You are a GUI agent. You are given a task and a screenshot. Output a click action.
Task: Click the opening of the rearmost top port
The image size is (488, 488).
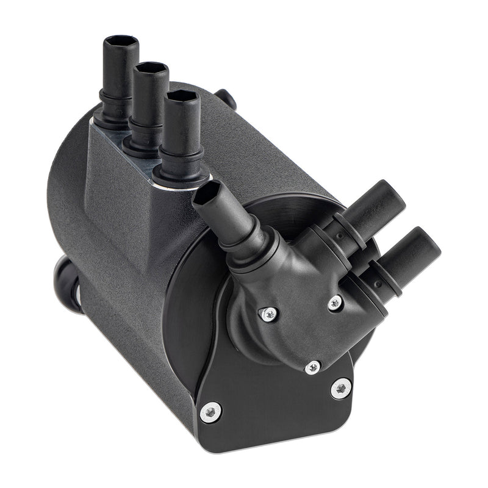click(121, 41)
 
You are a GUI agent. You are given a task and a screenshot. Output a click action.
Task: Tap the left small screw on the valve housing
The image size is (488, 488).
click(269, 314)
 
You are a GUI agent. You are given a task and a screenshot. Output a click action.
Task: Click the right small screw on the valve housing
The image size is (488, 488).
click(335, 302)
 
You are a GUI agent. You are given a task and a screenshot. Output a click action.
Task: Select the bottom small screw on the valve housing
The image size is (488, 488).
click(313, 367)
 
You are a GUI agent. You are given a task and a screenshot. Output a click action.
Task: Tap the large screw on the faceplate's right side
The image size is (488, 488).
click(340, 388)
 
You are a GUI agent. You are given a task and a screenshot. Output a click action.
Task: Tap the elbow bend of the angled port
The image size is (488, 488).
click(256, 250)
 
